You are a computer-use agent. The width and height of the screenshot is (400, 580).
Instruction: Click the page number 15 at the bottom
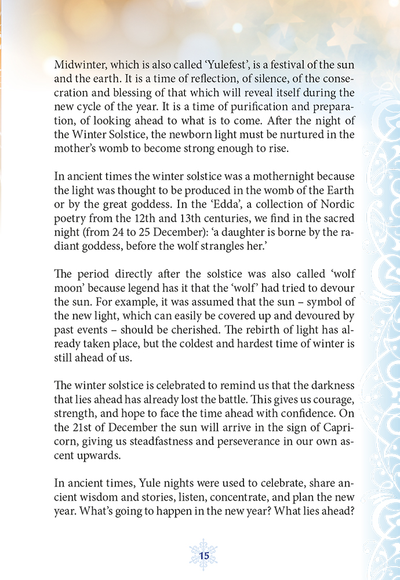point(203,555)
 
